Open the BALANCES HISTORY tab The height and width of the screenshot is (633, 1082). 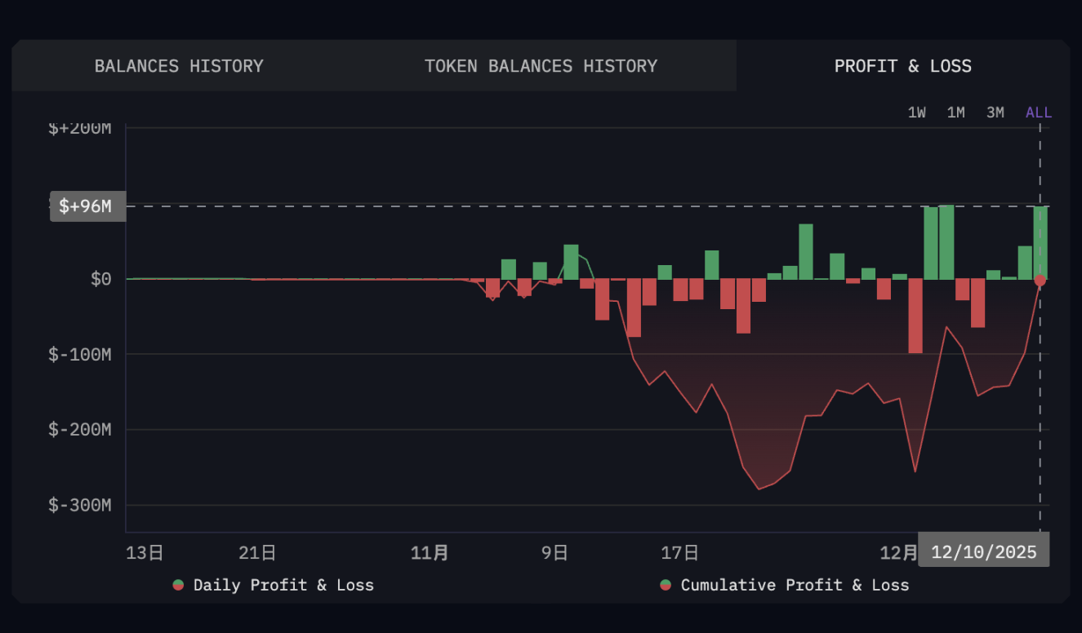pos(179,66)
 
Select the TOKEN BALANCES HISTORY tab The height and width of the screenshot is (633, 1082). pos(541,66)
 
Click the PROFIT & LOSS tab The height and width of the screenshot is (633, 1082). pos(902,66)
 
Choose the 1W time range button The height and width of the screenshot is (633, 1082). pos(917,113)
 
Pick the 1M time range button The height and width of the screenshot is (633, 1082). pos(955,113)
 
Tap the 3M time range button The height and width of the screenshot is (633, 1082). pos(995,113)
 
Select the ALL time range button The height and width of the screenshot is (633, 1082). pos(1038,113)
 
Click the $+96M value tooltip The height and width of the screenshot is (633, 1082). pos(87,206)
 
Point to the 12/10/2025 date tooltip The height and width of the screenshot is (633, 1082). pos(983,552)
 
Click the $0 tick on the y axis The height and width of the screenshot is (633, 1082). pos(100,280)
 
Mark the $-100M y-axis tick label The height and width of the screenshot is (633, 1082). pos(80,355)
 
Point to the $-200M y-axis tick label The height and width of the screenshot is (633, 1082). pos(80,430)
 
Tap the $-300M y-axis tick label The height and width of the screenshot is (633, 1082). pos(80,506)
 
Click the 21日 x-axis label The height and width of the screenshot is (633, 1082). pos(257,554)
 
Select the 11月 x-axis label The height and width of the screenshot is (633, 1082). pos(430,554)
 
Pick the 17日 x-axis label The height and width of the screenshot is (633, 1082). pos(679,554)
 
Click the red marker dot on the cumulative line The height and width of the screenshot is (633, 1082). pos(1040,281)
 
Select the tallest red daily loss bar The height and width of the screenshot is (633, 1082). pos(915,316)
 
